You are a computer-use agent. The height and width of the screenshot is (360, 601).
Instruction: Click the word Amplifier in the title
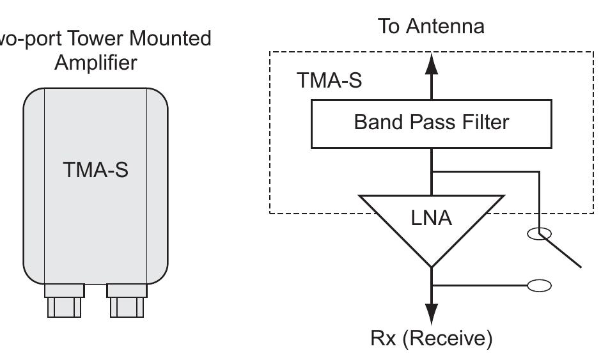coord(95,63)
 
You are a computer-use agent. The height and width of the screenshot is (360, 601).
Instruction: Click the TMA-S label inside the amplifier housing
coord(95,170)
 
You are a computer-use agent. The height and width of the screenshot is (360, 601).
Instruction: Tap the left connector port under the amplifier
coord(64,301)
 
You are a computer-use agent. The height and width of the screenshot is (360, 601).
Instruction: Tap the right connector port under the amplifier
coord(127,301)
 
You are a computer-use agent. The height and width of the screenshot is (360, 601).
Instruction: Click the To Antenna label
coord(431,26)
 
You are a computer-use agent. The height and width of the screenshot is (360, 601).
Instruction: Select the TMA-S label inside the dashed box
coord(329,81)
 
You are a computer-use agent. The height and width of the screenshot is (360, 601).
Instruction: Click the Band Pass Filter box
coord(431,123)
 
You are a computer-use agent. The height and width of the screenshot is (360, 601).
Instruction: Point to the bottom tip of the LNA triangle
coord(432,265)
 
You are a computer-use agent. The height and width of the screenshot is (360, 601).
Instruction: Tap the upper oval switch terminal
coord(539,234)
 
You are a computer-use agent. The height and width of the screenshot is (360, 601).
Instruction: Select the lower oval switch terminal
coord(539,285)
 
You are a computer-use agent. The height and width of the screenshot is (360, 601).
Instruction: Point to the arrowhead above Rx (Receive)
coord(432,313)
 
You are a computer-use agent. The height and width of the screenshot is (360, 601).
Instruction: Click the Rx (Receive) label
coord(432,338)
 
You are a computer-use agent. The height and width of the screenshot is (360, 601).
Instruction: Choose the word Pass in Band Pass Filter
coord(428,121)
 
